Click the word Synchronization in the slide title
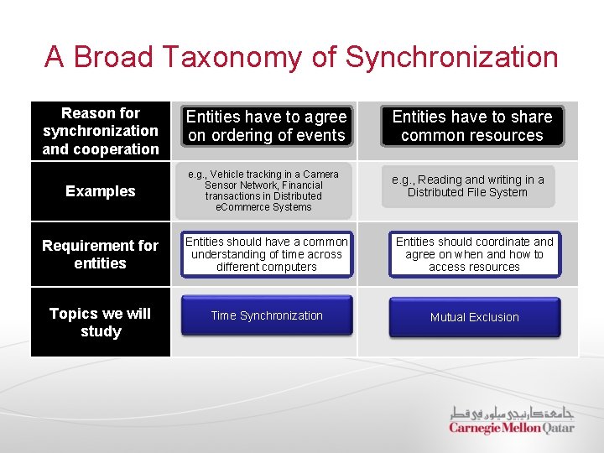(451, 57)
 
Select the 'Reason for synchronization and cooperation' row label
(101, 131)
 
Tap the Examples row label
(101, 191)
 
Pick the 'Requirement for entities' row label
(101, 254)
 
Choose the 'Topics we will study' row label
(101, 322)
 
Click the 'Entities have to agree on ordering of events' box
(266, 126)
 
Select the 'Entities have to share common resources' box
(472, 126)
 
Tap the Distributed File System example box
(468, 185)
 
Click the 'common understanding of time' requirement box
(266, 254)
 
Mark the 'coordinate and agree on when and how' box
(474, 254)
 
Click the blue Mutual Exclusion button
(474, 317)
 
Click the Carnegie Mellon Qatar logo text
(511, 428)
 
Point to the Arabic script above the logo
(512, 413)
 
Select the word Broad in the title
(113, 57)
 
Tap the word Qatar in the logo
(559, 428)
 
